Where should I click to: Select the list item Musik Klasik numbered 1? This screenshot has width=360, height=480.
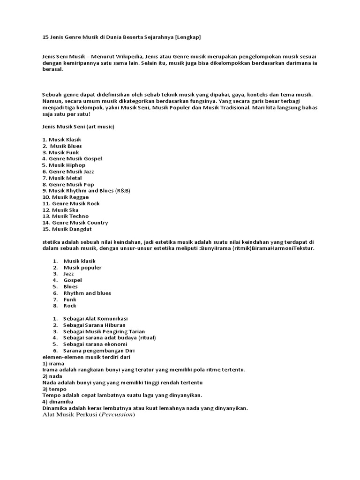(62, 139)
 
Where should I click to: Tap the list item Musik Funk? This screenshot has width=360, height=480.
(60, 152)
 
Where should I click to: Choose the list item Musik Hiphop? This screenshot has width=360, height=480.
(64, 165)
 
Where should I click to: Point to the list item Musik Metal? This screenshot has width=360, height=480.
(62, 178)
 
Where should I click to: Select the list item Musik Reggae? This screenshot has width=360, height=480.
(65, 197)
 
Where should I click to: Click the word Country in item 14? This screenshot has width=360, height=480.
(97, 223)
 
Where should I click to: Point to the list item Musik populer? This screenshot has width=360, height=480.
(82, 267)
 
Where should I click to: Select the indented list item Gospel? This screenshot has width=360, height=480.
(73, 280)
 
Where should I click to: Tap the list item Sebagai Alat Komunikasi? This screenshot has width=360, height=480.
(95, 318)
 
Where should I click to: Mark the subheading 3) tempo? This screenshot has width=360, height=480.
(54, 389)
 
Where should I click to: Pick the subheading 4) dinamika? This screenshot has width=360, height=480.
(58, 402)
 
